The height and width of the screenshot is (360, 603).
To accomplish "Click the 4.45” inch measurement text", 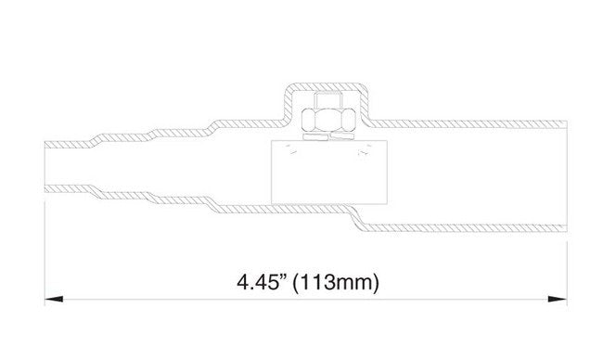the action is (x=263, y=283).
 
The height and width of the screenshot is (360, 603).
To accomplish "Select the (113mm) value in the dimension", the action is (x=336, y=284).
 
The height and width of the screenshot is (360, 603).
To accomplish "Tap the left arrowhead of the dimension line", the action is (x=54, y=299).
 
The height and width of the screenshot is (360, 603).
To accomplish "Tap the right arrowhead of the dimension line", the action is (x=558, y=299).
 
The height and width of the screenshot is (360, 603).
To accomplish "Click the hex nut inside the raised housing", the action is (x=328, y=120).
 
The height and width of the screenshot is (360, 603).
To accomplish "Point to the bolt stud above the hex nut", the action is (x=328, y=99).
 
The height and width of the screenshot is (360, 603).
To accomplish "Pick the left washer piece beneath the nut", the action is (x=315, y=136).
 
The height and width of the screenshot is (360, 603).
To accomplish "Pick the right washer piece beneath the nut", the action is (x=343, y=135).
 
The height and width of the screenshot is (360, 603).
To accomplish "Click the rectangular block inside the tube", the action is (x=328, y=172).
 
